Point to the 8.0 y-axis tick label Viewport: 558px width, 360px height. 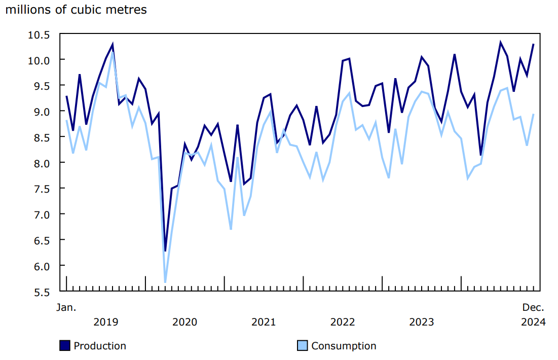click(42, 163)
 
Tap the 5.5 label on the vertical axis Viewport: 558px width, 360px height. click(42, 292)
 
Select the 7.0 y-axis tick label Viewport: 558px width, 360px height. click(42, 214)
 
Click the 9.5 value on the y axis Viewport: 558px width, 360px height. click(42, 86)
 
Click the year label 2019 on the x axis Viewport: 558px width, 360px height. click(106, 322)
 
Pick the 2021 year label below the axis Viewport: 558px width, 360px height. click(264, 322)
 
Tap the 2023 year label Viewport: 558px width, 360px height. click(421, 322)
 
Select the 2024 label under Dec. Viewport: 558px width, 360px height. click(534, 322)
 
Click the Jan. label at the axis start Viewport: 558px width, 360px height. click(66, 307)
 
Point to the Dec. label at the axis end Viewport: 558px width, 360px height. click(534, 307)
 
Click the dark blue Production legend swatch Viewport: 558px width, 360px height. click(64, 346)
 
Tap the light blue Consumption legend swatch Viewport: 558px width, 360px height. click(302, 346)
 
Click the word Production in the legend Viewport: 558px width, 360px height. click(100, 346)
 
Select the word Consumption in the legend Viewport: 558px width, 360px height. click(344, 346)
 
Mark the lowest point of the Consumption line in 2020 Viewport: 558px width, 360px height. click(165, 282)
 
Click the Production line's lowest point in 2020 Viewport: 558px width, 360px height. click(165, 250)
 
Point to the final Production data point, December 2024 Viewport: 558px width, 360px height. click(533, 44)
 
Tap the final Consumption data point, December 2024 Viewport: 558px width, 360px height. click(533, 114)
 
